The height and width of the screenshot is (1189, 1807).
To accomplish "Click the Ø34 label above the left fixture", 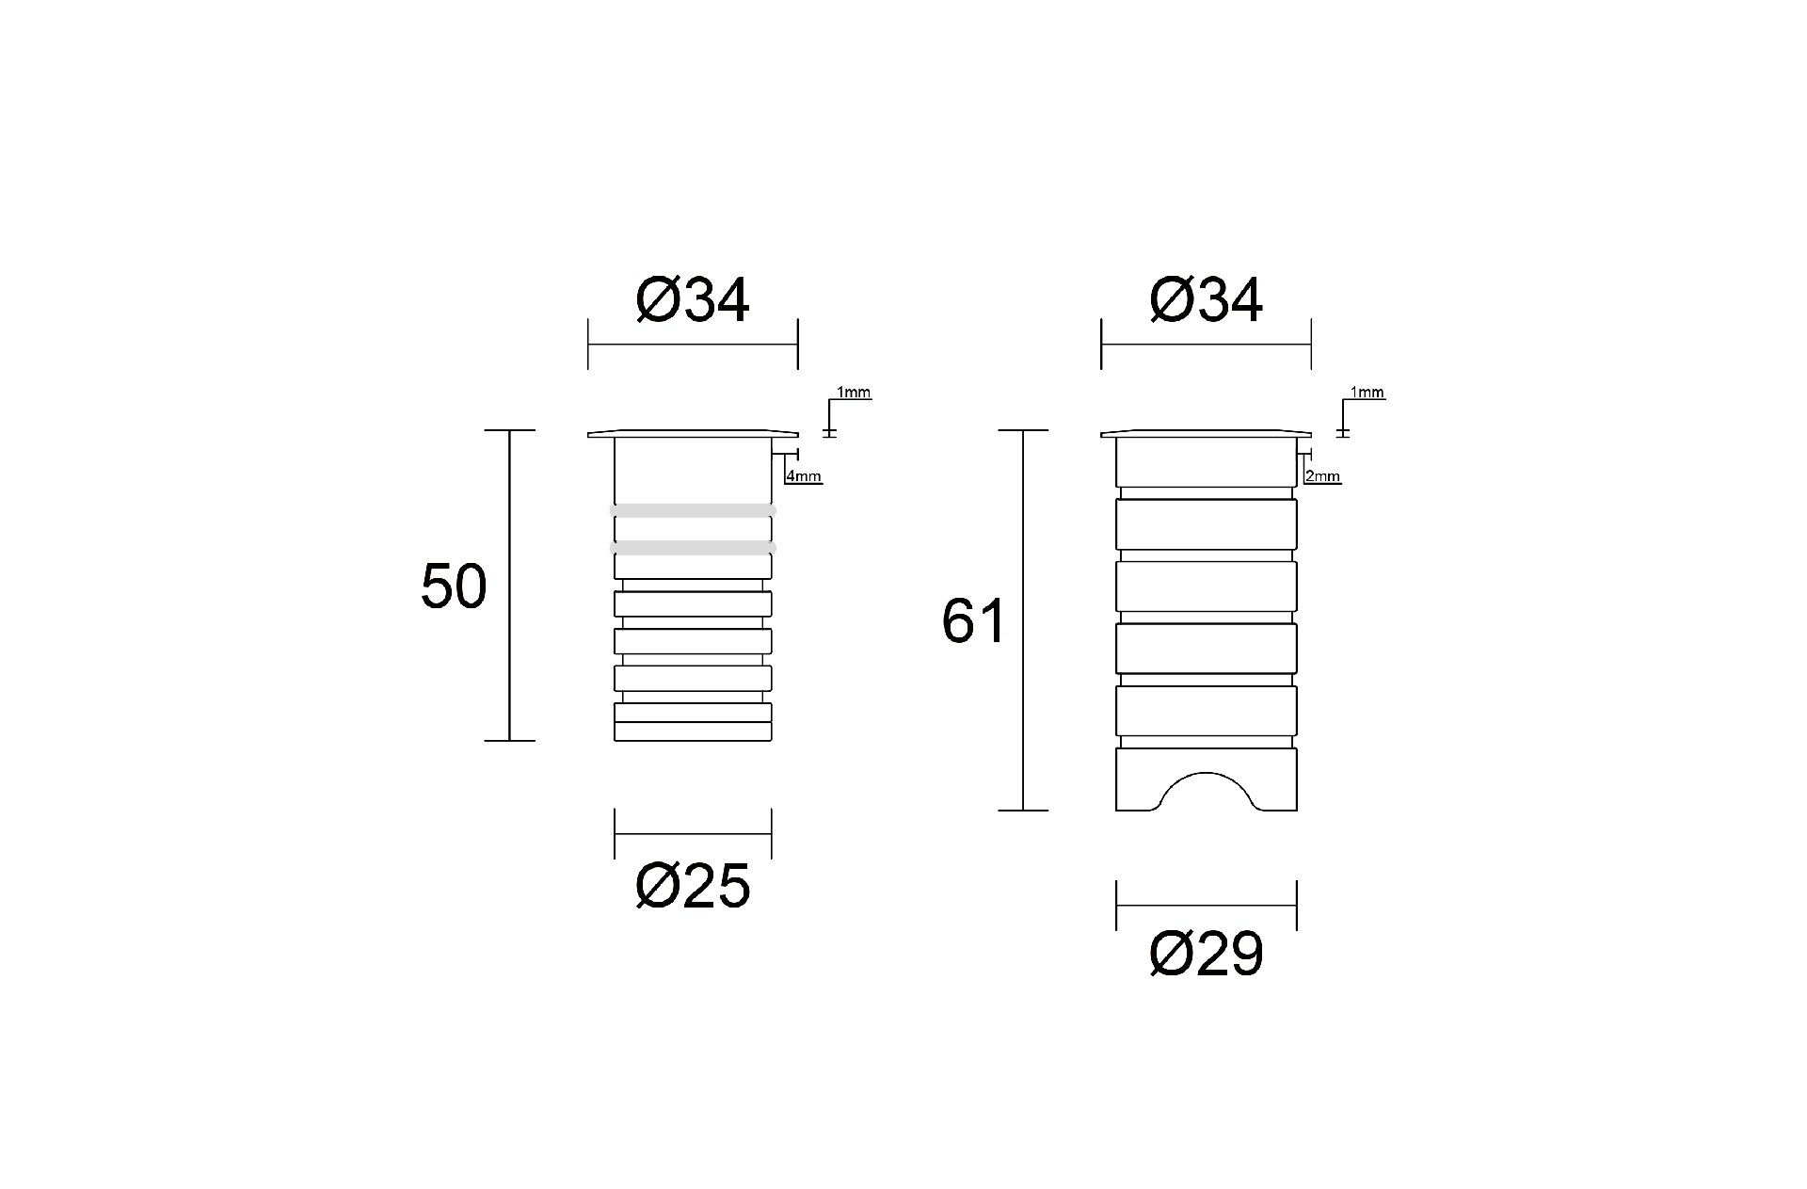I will (693, 301).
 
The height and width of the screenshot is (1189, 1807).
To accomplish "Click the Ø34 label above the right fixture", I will (1206, 301).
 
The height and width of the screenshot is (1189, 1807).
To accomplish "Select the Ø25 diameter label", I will (693, 886).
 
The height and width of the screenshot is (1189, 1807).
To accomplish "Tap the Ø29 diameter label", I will (1206, 956).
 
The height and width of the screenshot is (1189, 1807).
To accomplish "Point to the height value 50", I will (453, 586).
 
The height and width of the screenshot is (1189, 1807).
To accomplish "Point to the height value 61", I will (974, 621).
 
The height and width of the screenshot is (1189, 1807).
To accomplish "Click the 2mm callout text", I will (1323, 476).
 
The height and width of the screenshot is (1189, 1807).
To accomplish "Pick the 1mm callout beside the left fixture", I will (854, 393).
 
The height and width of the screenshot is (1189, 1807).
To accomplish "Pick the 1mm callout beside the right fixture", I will (1367, 393).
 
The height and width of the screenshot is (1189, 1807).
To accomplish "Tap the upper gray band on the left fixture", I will (693, 510).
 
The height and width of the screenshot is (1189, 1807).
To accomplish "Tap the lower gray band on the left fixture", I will (693, 547).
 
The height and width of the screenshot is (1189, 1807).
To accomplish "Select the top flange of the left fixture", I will (693, 433).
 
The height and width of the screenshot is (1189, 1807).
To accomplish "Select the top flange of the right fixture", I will (1206, 433).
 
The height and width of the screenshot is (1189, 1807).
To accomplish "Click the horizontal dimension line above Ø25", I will (693, 834).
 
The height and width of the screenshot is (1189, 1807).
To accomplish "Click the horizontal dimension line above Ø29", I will (1206, 906).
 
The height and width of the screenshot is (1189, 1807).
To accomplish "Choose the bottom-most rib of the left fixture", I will (693, 731).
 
